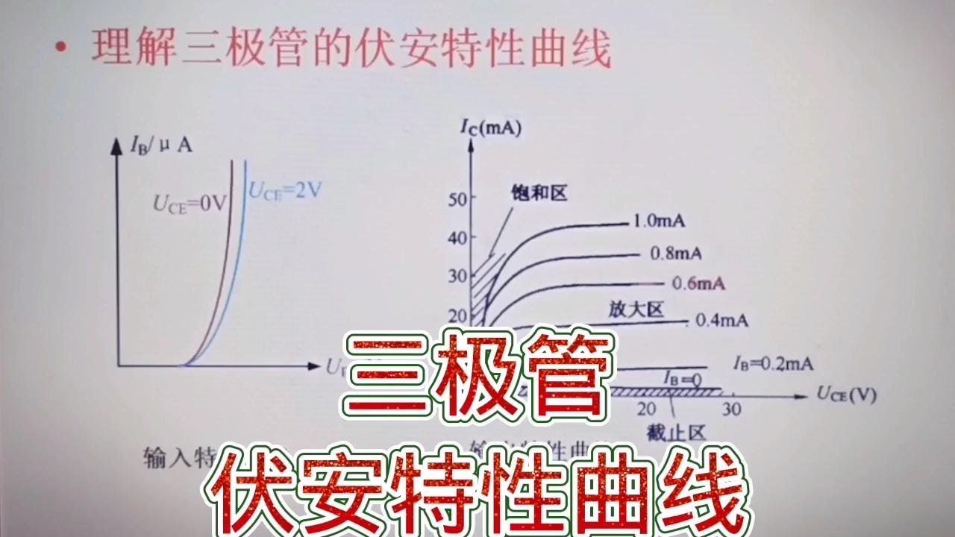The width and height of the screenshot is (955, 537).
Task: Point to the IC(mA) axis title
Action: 490,128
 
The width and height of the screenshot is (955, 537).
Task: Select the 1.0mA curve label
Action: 659,222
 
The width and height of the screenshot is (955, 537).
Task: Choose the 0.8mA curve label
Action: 676,254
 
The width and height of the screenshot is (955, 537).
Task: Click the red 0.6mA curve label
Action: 698,283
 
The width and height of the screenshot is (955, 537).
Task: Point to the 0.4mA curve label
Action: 721,321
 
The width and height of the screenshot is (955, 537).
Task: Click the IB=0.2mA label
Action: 773,364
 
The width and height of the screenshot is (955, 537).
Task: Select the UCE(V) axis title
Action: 845,394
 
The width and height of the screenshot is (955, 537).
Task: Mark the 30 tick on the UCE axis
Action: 733,409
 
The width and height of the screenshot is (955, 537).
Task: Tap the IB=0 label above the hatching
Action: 683,380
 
